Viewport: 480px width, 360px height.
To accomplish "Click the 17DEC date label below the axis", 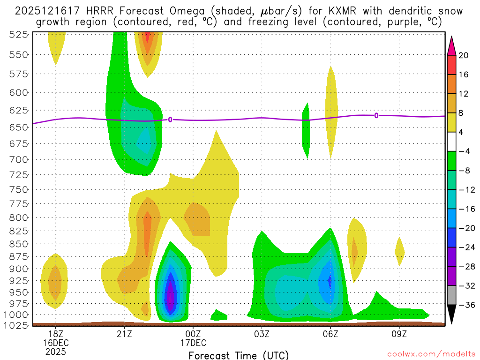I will point(193,342).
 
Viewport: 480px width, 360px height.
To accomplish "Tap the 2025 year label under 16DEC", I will point(56,351).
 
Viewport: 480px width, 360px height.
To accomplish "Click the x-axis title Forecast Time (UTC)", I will point(239,355).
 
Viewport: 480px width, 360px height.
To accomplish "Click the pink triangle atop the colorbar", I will point(451,45).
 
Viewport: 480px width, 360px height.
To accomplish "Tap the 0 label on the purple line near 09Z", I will point(376,115).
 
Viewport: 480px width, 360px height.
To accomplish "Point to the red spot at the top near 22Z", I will point(148,36).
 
